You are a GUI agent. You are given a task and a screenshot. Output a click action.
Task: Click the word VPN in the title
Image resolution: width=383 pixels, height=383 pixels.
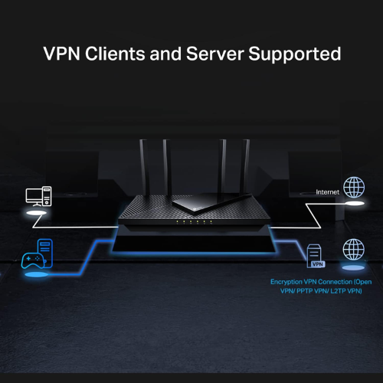coord(62,55)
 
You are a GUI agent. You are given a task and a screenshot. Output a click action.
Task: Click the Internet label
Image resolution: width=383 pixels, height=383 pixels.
coord(327,191)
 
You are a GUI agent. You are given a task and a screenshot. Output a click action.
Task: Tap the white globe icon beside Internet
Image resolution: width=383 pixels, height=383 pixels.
coord(353,188)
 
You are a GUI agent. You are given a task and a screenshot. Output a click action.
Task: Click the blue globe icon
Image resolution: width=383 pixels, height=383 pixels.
coord(353,249)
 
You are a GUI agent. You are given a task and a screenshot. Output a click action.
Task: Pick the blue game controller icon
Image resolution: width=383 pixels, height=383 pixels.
coord(34,259)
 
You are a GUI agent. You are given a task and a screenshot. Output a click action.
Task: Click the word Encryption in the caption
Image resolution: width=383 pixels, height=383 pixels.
coord(287,282)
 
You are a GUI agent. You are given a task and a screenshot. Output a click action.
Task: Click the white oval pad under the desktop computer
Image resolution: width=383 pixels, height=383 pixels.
coord(37,216)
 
